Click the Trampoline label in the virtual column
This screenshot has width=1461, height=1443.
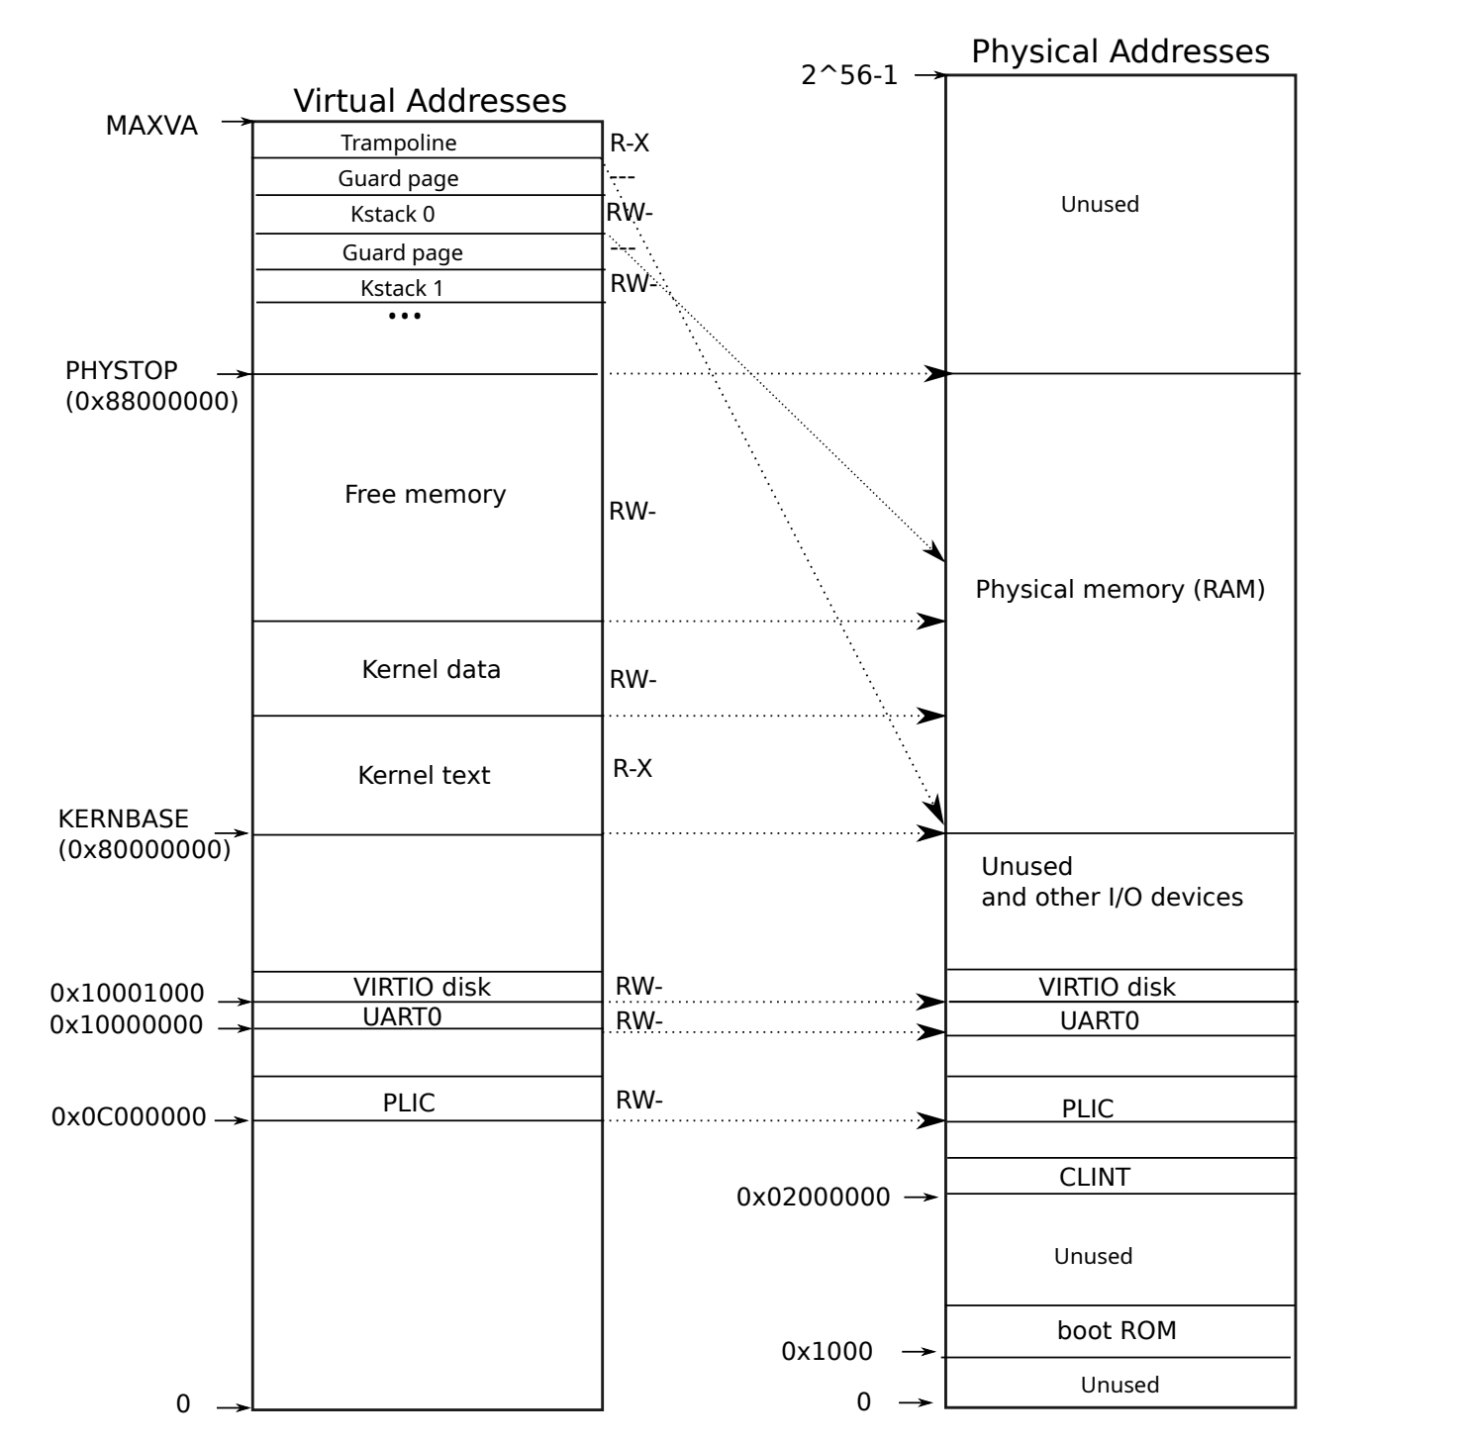pos(399,143)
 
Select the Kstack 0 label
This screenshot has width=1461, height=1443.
pos(392,214)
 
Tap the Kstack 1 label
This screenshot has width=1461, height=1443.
pos(402,288)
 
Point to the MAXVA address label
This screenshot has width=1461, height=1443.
pos(151,126)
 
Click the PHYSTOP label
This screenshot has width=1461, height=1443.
pos(122,370)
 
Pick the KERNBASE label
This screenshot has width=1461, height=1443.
pos(124,818)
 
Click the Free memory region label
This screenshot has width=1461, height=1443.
pos(425,494)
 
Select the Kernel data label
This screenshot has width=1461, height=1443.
pos(431,669)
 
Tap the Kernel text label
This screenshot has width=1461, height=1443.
pos(424,775)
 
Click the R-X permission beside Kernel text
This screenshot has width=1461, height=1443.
pos(633,768)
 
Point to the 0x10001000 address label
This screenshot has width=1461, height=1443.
pos(128,993)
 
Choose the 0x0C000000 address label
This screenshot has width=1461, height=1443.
pos(129,1116)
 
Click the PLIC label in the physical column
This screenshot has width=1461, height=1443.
pos(1088,1108)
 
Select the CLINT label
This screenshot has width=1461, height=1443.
pos(1095,1177)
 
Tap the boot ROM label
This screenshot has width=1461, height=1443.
pos(1117,1330)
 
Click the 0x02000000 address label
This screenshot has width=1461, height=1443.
pos(814,1197)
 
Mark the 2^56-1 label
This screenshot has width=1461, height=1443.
pos(849,75)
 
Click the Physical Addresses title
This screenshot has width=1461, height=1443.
pos(1120,51)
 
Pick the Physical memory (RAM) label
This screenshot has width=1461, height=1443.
pos(1120,590)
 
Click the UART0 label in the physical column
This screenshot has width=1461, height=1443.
pos(1099,1020)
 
